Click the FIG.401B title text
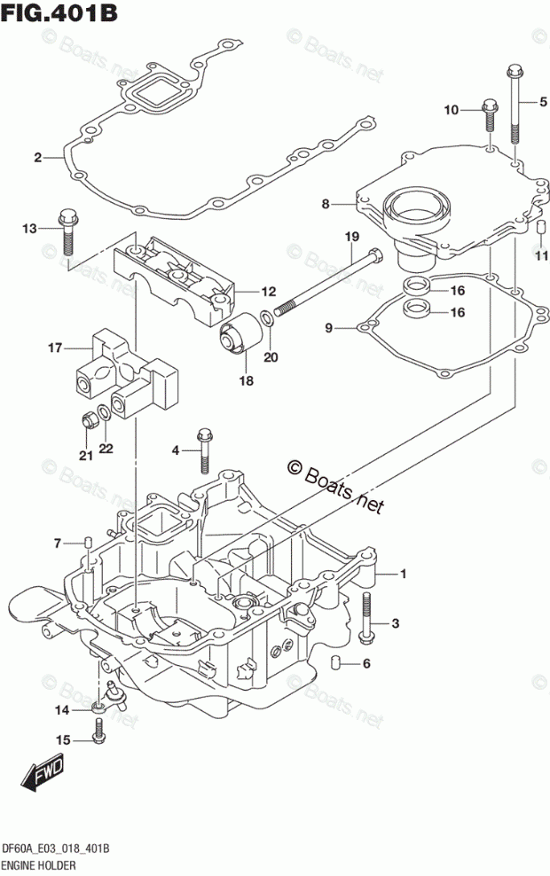pos(59,12)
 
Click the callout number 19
pos(351,237)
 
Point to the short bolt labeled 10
pos(489,115)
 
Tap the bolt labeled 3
pos(366,615)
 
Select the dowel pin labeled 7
pos(88,543)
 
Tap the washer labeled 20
pos(268,320)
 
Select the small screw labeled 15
pos(98,731)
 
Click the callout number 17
pos(55,348)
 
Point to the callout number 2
pos(37,158)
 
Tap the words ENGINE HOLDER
pos(39,866)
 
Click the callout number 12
pos(268,291)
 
